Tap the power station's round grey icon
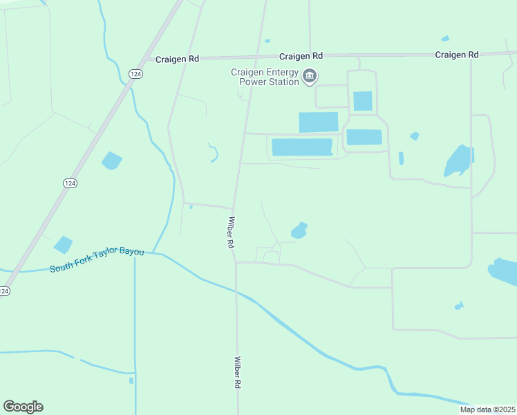click(x=310, y=76)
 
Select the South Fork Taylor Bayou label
click(x=97, y=259)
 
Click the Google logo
click(x=23, y=407)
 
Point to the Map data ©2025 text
click(x=488, y=409)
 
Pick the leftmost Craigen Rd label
click(x=178, y=59)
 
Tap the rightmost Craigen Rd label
click(x=457, y=55)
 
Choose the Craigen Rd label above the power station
click(x=301, y=56)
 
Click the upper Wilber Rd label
click(x=230, y=233)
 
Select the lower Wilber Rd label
click(x=237, y=372)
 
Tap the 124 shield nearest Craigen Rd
click(x=135, y=73)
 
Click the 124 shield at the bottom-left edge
click(x=4, y=291)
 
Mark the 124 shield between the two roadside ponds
click(x=69, y=183)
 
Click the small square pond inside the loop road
click(x=362, y=101)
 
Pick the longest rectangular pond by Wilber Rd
click(x=302, y=147)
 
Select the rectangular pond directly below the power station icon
click(x=318, y=122)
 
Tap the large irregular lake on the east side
click(x=458, y=161)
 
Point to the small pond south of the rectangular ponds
click(x=299, y=230)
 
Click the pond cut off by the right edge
click(x=504, y=271)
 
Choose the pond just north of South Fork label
click(x=63, y=244)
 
